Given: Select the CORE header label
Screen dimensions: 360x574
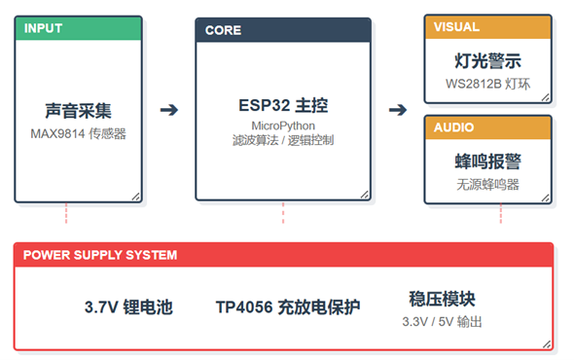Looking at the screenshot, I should click(x=224, y=30).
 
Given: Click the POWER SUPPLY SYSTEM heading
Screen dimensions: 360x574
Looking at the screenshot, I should click(x=100, y=255).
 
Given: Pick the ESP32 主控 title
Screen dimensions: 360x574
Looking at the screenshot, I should click(x=282, y=105).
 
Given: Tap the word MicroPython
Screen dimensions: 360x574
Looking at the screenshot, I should click(x=282, y=126).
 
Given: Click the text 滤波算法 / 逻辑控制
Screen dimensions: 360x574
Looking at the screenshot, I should click(x=282, y=140).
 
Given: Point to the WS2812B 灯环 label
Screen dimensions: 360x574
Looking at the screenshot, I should click(x=488, y=83).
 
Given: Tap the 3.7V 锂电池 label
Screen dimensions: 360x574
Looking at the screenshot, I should click(x=128, y=307).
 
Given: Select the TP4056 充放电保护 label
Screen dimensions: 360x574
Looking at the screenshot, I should click(x=288, y=307).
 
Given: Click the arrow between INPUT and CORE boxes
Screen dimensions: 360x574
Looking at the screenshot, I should click(x=169, y=109).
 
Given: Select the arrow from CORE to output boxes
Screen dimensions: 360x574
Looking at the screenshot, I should click(x=398, y=109).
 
